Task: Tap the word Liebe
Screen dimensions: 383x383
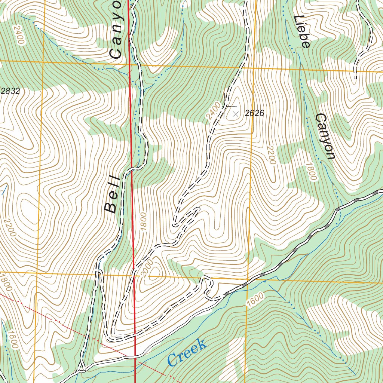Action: [302, 31]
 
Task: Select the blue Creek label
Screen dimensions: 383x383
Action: [187, 353]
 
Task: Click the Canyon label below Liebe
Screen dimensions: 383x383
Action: [324, 136]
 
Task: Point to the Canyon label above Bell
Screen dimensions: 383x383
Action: [116, 30]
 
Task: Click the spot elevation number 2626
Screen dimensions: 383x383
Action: [254, 113]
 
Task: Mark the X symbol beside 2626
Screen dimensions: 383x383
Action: [235, 114]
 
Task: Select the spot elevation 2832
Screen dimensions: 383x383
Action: [10, 91]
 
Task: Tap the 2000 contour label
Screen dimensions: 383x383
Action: [148, 268]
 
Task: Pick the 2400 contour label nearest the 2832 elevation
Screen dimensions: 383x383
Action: [18, 35]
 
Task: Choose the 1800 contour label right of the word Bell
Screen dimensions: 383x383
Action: [143, 222]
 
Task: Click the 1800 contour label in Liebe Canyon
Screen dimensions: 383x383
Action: [311, 171]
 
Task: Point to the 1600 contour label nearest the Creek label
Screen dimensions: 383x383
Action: [255, 300]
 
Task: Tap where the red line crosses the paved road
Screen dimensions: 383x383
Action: [135, 356]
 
